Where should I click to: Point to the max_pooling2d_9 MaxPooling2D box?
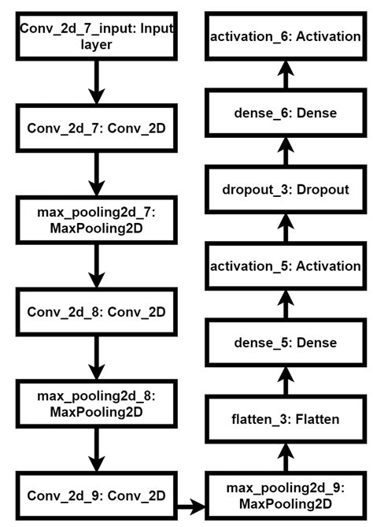pyautogui.click(x=286, y=495)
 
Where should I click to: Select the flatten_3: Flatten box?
pyautogui.click(x=286, y=419)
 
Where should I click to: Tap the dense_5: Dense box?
pyautogui.click(x=286, y=343)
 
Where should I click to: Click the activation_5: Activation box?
pyautogui.click(x=286, y=266)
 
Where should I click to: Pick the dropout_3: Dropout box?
pyautogui.click(x=286, y=190)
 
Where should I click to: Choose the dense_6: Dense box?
pyautogui.click(x=286, y=113)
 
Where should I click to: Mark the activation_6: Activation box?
pyautogui.click(x=286, y=37)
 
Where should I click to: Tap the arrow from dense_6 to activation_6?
pyautogui.click(x=286, y=76)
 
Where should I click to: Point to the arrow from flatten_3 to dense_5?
pyautogui.click(x=286, y=381)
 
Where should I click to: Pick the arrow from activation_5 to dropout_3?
pyautogui.click(x=286, y=228)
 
